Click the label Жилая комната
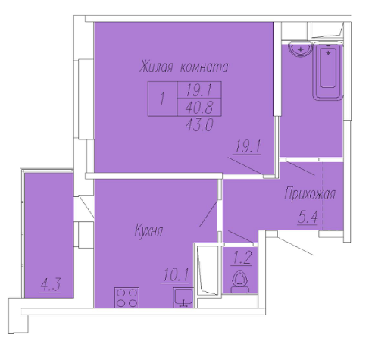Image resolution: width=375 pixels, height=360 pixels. [184, 67]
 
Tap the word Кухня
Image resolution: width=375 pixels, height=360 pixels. [149, 230]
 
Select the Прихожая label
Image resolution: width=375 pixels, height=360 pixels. [310, 194]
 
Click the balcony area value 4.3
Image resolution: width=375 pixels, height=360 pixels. [50, 285]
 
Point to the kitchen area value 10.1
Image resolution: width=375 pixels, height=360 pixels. [176, 275]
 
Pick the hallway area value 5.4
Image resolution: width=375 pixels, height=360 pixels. [308, 217]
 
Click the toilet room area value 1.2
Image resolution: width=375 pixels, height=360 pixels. [241, 258]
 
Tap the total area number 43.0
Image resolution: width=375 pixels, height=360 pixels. [199, 124]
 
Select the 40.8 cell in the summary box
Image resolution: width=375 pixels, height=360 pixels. [199, 108]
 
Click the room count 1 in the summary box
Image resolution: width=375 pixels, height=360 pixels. [162, 99]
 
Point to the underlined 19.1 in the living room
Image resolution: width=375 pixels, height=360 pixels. [248, 146]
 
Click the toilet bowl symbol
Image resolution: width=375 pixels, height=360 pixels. [240, 281]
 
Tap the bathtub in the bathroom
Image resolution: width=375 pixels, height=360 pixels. [328, 71]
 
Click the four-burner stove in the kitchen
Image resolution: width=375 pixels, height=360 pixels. [127, 297]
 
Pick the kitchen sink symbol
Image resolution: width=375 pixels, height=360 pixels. [183, 298]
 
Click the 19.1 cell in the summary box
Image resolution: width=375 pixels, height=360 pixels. [199, 90]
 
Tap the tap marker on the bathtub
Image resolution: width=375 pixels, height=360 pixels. [328, 53]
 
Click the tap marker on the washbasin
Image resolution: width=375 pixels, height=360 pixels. [301, 49]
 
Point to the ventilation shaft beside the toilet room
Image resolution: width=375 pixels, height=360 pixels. [208, 269]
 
